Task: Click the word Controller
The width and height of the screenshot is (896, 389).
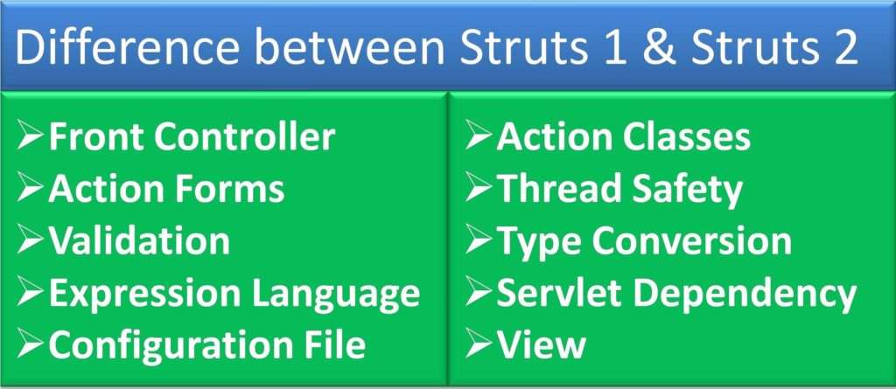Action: coord(246,137)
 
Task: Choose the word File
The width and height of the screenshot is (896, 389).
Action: coord(334,344)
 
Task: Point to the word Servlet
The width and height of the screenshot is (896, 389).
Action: coord(557,293)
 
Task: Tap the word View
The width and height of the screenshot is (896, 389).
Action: coord(541,344)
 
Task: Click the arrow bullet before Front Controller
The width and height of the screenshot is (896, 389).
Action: coord(31,137)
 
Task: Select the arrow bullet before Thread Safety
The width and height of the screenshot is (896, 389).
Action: coord(479,189)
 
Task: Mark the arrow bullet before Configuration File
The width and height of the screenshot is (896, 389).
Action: coord(31,344)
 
